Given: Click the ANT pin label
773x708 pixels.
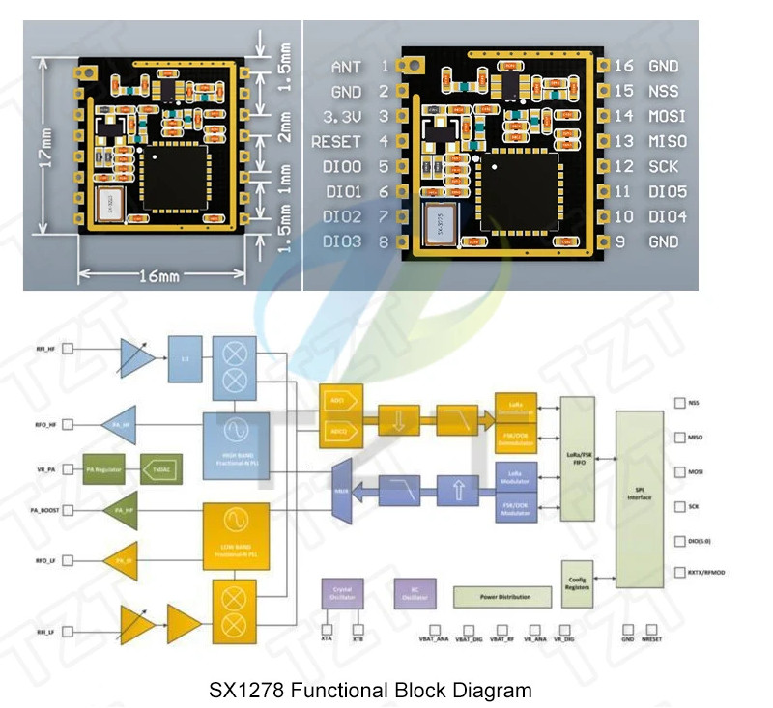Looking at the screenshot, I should [x=346, y=67].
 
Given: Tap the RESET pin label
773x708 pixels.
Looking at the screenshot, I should [x=336, y=142].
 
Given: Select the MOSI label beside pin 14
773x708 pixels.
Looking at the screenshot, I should [x=667, y=116].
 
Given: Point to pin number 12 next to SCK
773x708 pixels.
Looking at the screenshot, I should [x=624, y=166].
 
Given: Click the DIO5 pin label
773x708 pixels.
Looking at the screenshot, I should [x=668, y=191].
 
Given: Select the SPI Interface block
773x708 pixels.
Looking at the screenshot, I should [x=639, y=498].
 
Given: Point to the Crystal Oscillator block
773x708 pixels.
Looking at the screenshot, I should [x=341, y=594].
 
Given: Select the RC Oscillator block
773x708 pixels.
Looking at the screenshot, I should [x=415, y=594].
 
